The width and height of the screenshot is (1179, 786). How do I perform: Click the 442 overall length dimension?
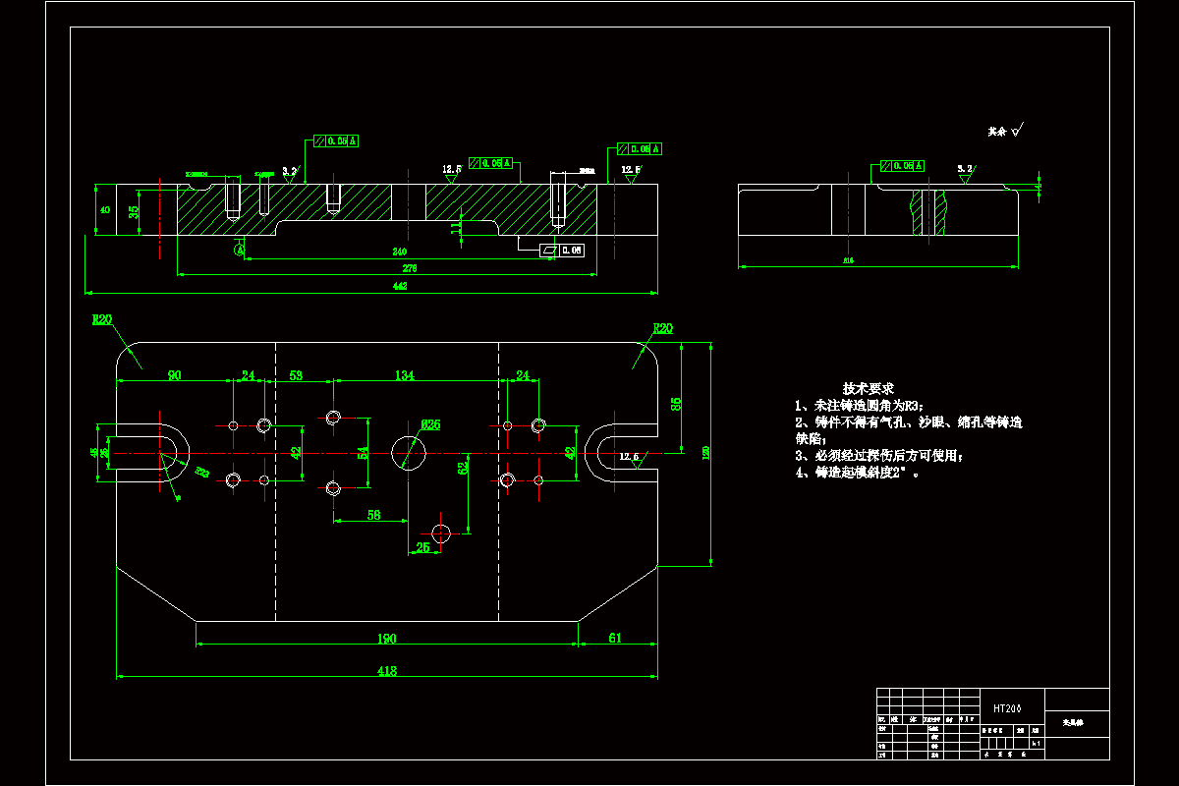pyautogui.click(x=400, y=286)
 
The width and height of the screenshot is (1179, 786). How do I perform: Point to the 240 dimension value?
pyautogui.click(x=400, y=253)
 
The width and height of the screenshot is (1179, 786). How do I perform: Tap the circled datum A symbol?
pyautogui.click(x=239, y=250)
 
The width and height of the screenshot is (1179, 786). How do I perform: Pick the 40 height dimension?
pyautogui.click(x=105, y=209)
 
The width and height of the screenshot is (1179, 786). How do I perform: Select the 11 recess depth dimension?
pyautogui.click(x=455, y=227)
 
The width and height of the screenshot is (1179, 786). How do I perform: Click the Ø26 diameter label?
pyautogui.click(x=430, y=424)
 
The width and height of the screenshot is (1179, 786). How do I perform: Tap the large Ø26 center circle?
pyautogui.click(x=409, y=452)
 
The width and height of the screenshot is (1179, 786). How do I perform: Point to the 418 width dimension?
pyautogui.click(x=387, y=671)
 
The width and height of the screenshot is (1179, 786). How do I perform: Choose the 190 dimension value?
pyautogui.click(x=387, y=639)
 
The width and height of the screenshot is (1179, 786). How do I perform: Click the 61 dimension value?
pyautogui.click(x=615, y=639)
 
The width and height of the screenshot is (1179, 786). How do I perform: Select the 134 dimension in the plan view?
pyautogui.click(x=404, y=375)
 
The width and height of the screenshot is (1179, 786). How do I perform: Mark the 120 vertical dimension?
pyautogui.click(x=705, y=452)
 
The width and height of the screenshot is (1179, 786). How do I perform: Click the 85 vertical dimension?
pyautogui.click(x=676, y=403)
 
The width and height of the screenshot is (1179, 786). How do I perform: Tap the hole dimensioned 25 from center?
pyautogui.click(x=441, y=533)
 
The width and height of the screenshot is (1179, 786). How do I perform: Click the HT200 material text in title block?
pyautogui.click(x=1007, y=708)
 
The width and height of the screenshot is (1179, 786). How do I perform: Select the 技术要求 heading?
pyautogui.click(x=868, y=389)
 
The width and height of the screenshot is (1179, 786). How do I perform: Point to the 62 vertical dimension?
pyautogui.click(x=463, y=470)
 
